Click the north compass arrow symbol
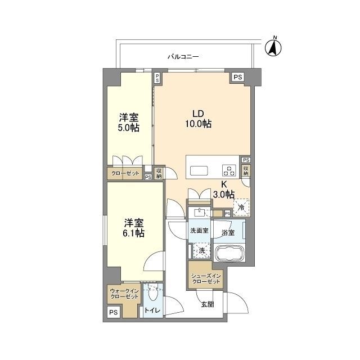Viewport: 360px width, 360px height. pyautogui.click(x=273, y=48)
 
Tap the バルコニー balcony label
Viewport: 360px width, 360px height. pyautogui.click(x=183, y=56)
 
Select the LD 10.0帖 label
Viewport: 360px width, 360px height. pyautogui.click(x=199, y=119)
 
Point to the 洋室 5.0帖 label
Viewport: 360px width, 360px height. pyautogui.click(x=129, y=123)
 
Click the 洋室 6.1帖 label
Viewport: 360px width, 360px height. pyautogui.click(x=134, y=228)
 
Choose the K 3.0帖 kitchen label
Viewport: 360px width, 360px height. pyautogui.click(x=224, y=190)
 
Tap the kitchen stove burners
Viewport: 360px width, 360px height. pyautogui.click(x=229, y=170)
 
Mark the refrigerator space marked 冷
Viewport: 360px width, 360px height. pyautogui.click(x=241, y=208)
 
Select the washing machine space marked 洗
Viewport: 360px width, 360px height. pyautogui.click(x=201, y=250)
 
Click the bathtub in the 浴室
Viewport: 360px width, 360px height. pyautogui.click(x=229, y=253)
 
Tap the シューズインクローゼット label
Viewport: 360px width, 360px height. pyautogui.click(x=206, y=279)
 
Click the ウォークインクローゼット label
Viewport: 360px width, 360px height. pyautogui.click(x=124, y=294)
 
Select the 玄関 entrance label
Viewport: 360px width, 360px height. pyautogui.click(x=208, y=304)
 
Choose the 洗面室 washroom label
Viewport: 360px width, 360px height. pyautogui.click(x=199, y=231)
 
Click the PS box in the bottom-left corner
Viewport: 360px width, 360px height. pyautogui.click(x=114, y=312)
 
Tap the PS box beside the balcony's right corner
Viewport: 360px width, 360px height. pyautogui.click(x=238, y=77)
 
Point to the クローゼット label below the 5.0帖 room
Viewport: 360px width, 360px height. pyautogui.click(x=125, y=173)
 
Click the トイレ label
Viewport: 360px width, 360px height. pyautogui.click(x=152, y=310)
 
